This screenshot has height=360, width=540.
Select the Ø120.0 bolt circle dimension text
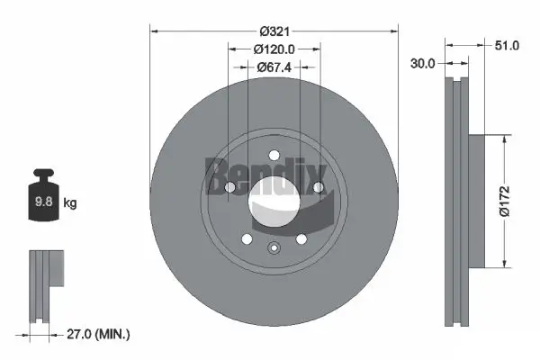click(x=274, y=49)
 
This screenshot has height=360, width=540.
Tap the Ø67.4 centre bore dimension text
click(x=274, y=66)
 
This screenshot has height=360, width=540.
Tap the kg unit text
click(x=70, y=202)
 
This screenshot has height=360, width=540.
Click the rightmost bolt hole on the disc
click(x=318, y=187)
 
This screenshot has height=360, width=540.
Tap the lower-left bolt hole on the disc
click(x=246, y=239)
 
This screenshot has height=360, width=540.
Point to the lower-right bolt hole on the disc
click(x=301, y=239)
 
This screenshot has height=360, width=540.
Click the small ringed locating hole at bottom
click(x=274, y=248)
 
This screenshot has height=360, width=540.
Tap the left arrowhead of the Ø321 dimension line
click(x=153, y=31)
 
